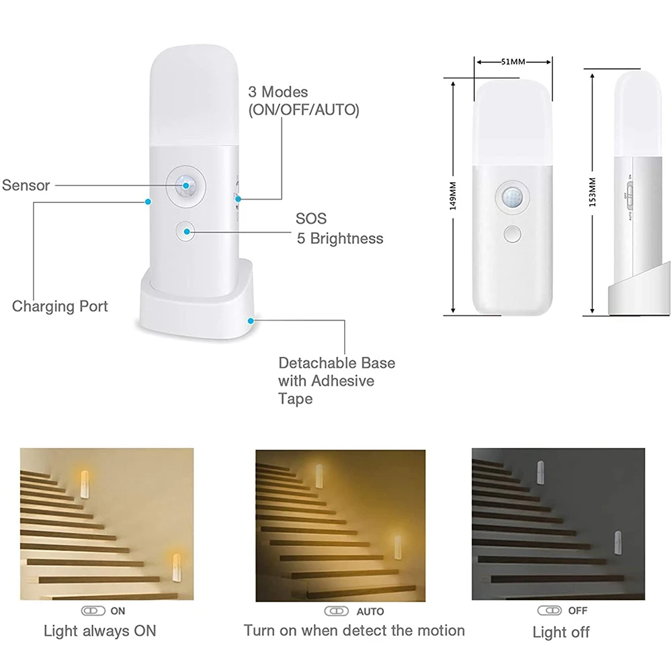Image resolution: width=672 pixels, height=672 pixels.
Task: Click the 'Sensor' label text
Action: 26,185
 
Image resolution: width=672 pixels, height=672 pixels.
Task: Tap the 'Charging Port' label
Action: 60,306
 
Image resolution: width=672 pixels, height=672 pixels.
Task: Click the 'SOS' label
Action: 310,219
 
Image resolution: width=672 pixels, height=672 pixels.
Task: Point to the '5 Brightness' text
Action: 340,238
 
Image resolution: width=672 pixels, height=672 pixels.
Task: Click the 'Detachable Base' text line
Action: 337,363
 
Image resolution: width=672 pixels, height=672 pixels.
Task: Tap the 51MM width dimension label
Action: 513,62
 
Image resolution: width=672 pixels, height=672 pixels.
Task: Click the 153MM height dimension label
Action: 592,192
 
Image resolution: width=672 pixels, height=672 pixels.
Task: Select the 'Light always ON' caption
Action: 99,630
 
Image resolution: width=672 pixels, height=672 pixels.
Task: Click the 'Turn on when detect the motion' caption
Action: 354,630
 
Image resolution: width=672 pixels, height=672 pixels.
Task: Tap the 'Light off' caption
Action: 560,632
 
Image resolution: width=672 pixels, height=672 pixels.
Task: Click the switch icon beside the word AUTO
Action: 336,612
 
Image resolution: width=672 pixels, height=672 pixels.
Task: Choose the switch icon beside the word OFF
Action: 548,610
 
